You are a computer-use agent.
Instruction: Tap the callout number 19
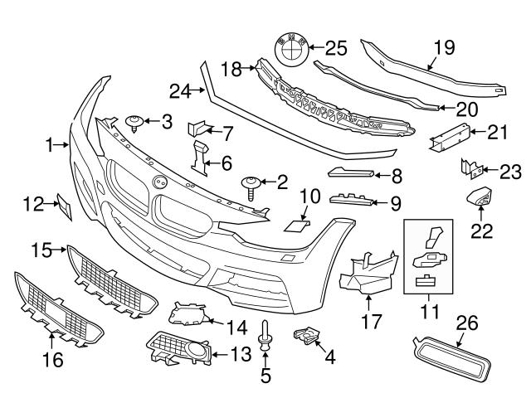[444, 48]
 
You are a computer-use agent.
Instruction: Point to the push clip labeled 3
[134, 124]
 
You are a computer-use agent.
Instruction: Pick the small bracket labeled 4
[307, 336]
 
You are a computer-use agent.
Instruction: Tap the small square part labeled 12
[64, 206]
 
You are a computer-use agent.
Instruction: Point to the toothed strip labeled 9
[351, 199]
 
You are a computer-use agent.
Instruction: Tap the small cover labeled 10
[296, 224]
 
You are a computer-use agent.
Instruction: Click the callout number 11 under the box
[428, 313]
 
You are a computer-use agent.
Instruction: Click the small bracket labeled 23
[470, 171]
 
